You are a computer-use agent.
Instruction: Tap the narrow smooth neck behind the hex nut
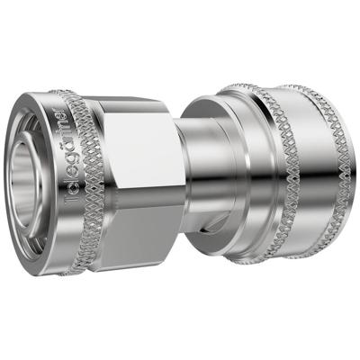point(198,171)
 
